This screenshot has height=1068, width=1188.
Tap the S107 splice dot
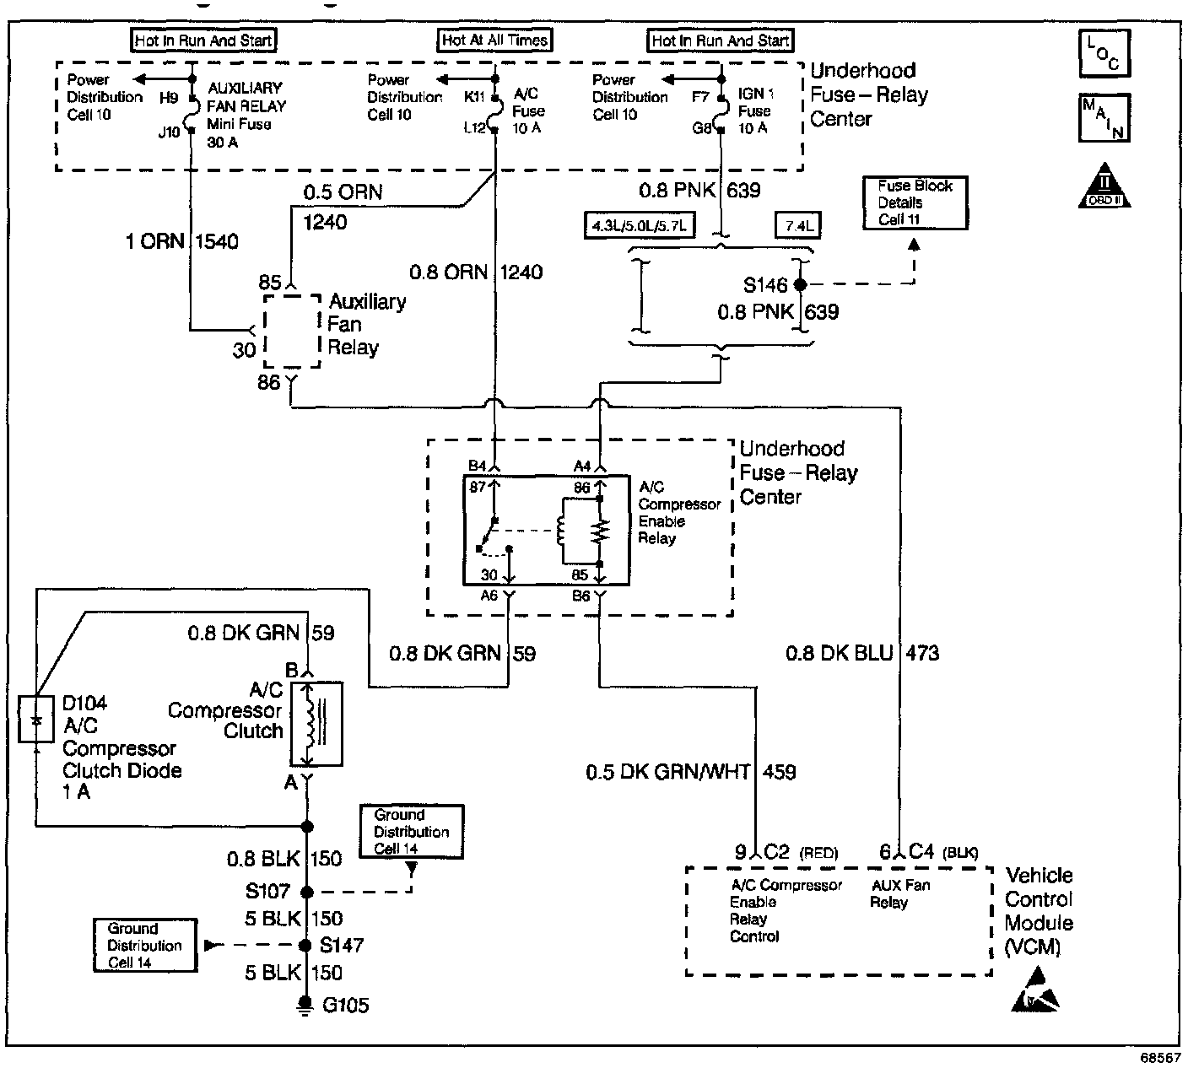[307, 892]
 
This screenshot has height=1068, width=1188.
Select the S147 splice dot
[305, 946]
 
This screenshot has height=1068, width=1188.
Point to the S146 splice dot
[800, 285]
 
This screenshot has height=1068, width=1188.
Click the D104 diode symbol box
[36, 720]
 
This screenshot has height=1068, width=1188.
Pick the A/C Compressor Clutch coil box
[316, 725]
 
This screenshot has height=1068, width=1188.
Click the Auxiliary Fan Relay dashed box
[293, 332]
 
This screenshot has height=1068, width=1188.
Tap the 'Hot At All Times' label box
[494, 40]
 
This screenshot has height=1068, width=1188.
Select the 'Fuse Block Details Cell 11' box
[915, 202]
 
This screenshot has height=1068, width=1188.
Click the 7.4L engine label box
[798, 226]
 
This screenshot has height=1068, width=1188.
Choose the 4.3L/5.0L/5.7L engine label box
[640, 226]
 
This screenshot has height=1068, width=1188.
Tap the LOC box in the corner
[1104, 54]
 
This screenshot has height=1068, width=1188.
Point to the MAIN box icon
[1104, 118]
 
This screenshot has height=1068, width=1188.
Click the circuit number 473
[922, 653]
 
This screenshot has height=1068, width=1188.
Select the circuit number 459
[780, 772]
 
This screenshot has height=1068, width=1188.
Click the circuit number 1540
[217, 241]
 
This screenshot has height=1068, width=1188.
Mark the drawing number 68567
[1161, 1058]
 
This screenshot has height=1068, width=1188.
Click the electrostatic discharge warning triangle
[1035, 990]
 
